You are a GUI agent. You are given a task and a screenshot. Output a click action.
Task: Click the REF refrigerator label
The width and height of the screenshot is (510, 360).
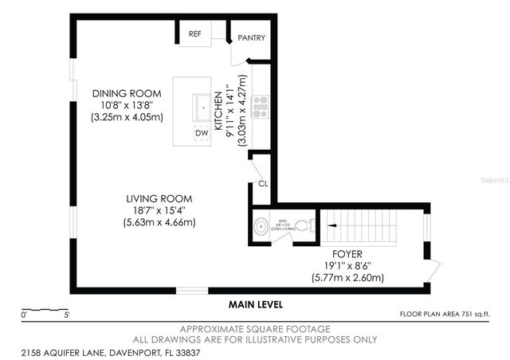pyautogui.click(x=194, y=34)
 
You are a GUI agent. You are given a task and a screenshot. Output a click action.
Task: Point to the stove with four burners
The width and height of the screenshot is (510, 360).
pyautogui.click(x=261, y=106)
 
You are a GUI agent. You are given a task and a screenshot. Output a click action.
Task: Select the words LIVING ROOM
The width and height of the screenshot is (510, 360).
pyautogui.click(x=159, y=198)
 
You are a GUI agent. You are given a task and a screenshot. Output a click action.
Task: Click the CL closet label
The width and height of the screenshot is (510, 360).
pyautogui.click(x=262, y=184)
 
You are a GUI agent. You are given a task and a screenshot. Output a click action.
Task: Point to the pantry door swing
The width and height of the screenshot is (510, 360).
pyautogui.click(x=240, y=53)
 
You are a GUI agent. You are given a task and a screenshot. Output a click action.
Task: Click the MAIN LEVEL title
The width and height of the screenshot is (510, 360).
pyautogui.click(x=255, y=304)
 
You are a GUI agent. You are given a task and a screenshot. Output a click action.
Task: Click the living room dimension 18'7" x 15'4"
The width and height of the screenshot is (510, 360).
pyautogui.click(x=159, y=210)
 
